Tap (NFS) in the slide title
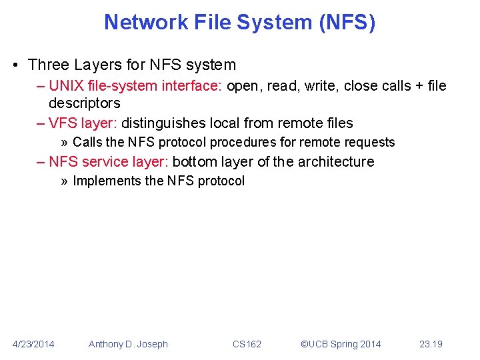point(349,23)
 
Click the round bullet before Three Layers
point(15,65)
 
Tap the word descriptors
point(84,103)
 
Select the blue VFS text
point(63,123)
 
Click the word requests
point(371,142)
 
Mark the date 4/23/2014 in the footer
point(34,344)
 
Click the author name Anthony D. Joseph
point(128,344)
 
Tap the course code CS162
point(247,344)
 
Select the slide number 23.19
point(431,344)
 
